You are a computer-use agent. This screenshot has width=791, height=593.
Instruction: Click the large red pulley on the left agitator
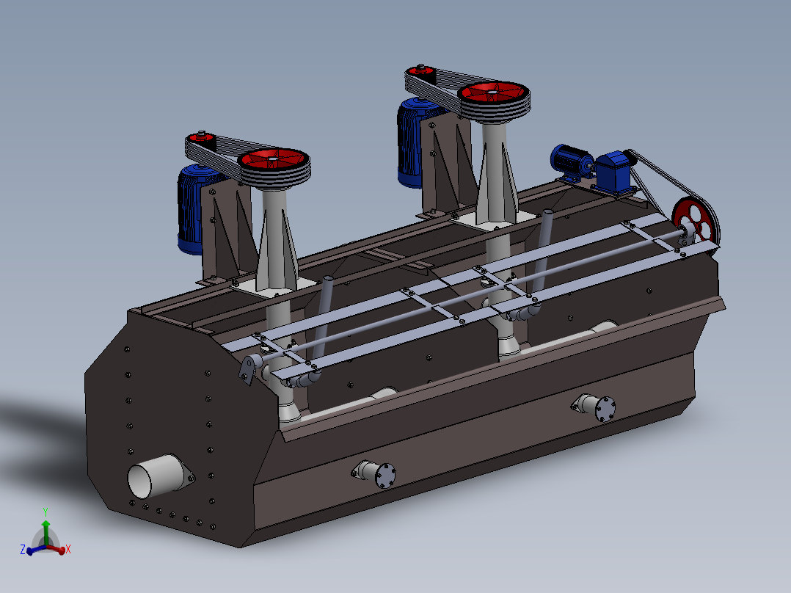274,161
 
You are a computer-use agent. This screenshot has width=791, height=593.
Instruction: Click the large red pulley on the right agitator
493,94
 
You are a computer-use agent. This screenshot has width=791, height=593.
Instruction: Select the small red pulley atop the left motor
201,137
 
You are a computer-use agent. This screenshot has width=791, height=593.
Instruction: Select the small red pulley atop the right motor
420,70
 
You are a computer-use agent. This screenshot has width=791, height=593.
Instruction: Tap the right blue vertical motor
412,142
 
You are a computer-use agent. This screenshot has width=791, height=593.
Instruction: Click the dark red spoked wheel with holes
695,222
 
